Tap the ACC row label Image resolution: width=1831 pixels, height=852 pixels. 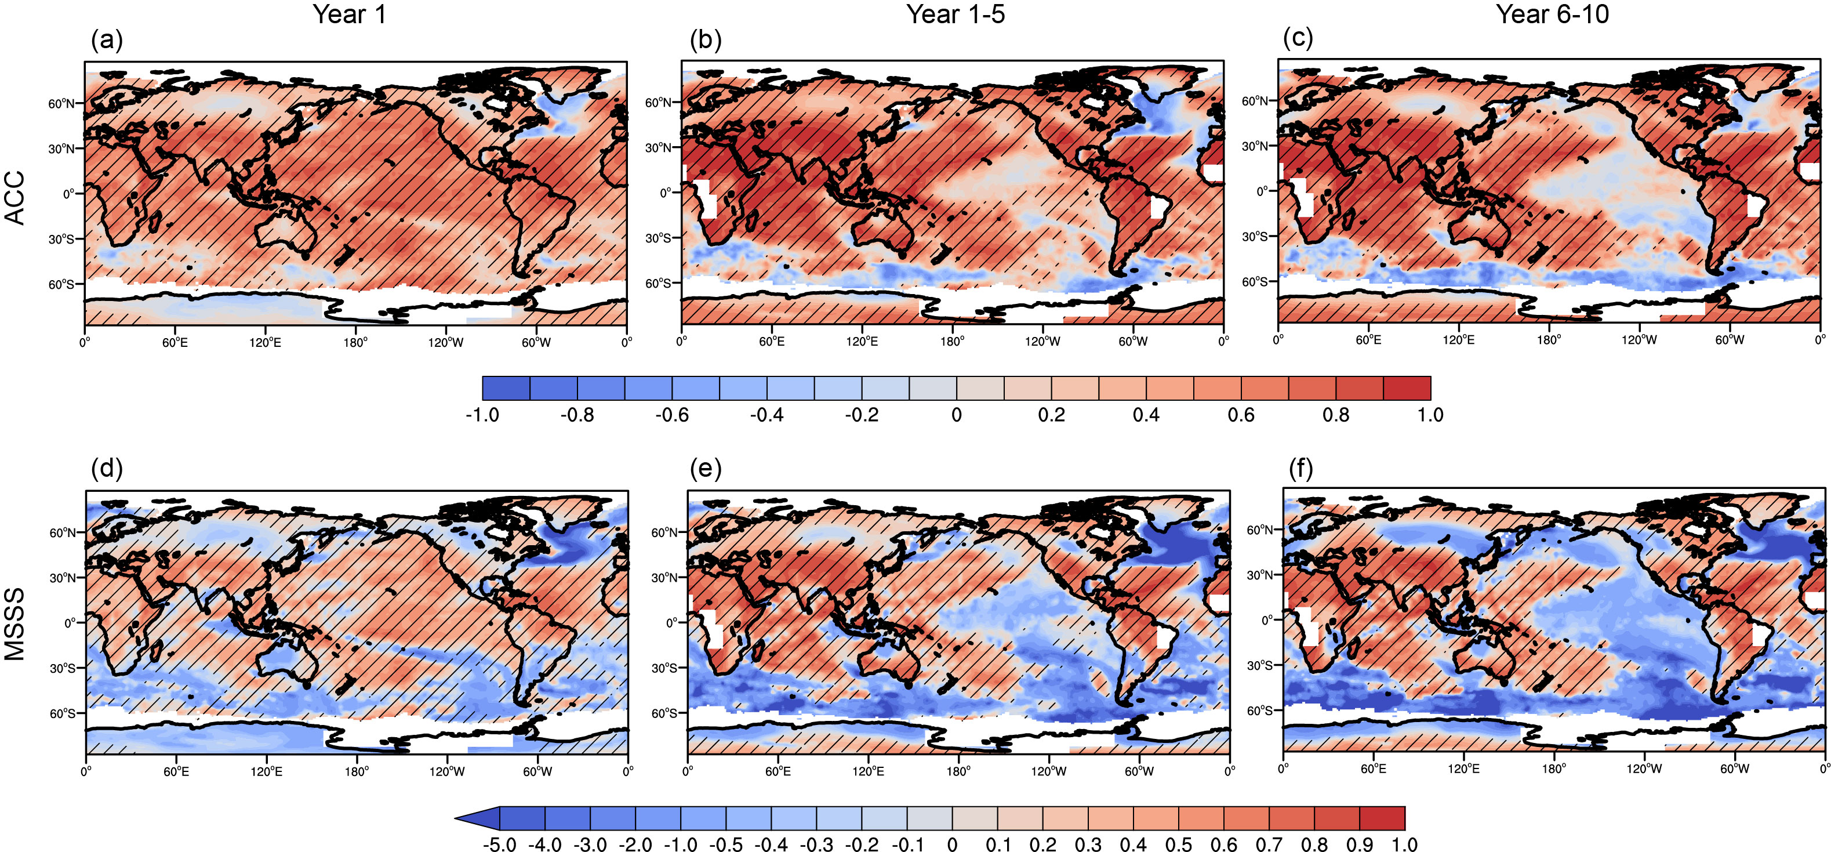coord(15,198)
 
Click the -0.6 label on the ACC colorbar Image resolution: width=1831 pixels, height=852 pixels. coord(672,415)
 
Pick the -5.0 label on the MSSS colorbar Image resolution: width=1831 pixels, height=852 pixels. coord(500,844)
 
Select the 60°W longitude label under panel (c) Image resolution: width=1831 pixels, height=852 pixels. coord(1730,340)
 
